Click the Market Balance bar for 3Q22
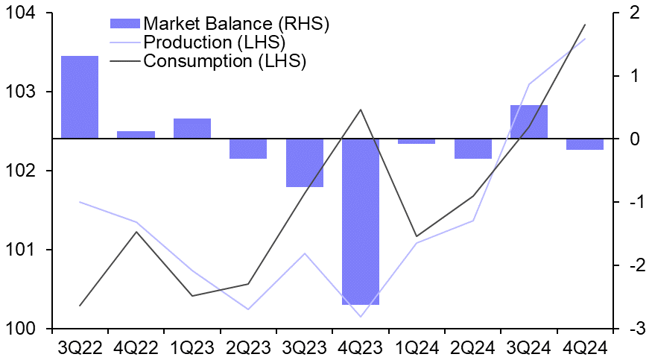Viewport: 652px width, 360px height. click(80, 97)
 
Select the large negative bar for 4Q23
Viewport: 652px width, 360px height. click(361, 221)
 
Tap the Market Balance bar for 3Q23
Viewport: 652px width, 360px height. click(305, 162)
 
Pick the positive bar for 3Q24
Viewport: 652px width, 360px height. click(529, 121)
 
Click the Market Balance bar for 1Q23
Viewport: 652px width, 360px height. click(192, 128)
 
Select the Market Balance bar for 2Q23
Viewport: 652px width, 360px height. click(248, 148)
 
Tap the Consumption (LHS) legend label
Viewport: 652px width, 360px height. click(224, 60)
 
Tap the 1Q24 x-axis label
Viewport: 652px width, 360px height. click(417, 347)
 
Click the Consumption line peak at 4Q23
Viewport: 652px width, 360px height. click(361, 110)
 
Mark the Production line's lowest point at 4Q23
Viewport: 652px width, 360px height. click(361, 317)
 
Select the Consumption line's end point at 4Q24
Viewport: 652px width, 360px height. click(585, 25)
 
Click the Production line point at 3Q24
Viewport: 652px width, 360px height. click(529, 84)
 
